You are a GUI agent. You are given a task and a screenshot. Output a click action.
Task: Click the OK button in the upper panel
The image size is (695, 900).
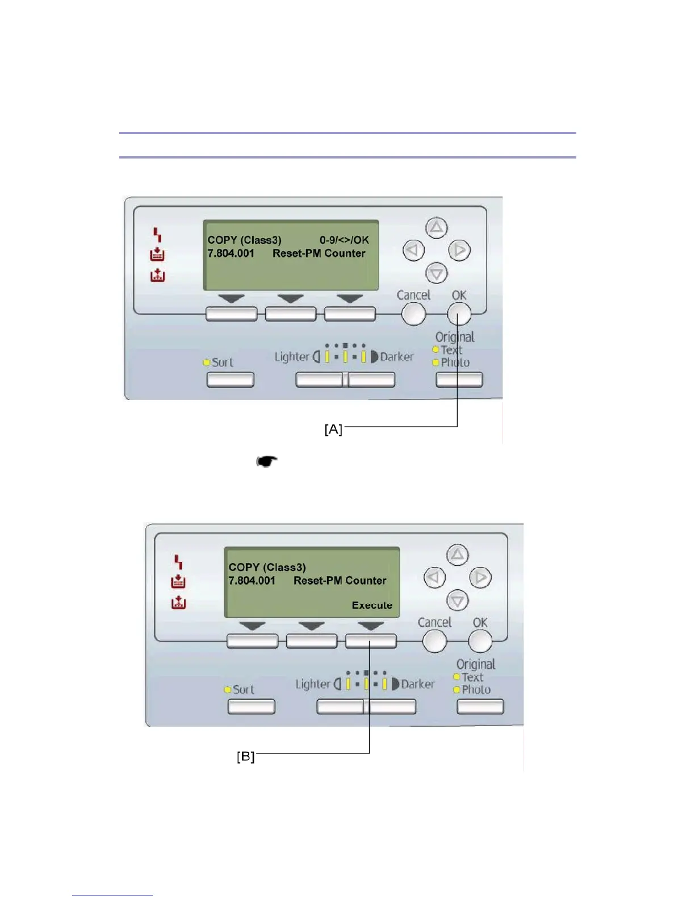pyautogui.click(x=459, y=313)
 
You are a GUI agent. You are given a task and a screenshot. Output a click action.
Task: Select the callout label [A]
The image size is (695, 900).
pyautogui.click(x=333, y=430)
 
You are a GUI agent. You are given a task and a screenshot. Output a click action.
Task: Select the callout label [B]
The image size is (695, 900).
pyautogui.click(x=246, y=757)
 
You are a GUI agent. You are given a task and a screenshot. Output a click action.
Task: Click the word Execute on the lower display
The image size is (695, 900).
pyautogui.click(x=372, y=606)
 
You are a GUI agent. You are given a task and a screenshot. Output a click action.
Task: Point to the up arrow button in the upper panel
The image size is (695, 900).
pyautogui.click(x=436, y=228)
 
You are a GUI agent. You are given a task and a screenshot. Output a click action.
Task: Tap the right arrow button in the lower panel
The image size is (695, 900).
pyautogui.click(x=480, y=578)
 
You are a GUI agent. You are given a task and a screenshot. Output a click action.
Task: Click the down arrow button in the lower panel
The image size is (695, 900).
pyautogui.click(x=457, y=600)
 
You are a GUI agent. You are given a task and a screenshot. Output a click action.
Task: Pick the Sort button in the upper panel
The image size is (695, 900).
pyautogui.click(x=230, y=380)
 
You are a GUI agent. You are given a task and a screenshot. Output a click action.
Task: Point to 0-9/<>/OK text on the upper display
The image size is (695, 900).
pyautogui.click(x=344, y=240)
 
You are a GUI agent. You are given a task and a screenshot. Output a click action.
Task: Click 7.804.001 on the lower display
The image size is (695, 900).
pyautogui.click(x=252, y=581)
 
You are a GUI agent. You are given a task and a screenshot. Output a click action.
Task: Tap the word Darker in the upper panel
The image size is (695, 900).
pyautogui.click(x=396, y=357)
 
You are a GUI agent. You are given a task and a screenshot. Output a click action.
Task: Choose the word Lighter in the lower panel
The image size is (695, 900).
pyautogui.click(x=313, y=684)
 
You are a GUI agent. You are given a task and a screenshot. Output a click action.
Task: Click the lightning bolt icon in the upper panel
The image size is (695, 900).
pyautogui.click(x=157, y=234)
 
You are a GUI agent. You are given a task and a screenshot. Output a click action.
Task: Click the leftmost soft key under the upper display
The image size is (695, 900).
pyautogui.click(x=231, y=314)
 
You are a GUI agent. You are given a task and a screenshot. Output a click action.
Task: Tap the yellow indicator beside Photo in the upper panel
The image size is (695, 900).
pyautogui.click(x=436, y=363)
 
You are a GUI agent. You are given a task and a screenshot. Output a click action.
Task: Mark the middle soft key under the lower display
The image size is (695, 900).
pyautogui.click(x=311, y=641)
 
